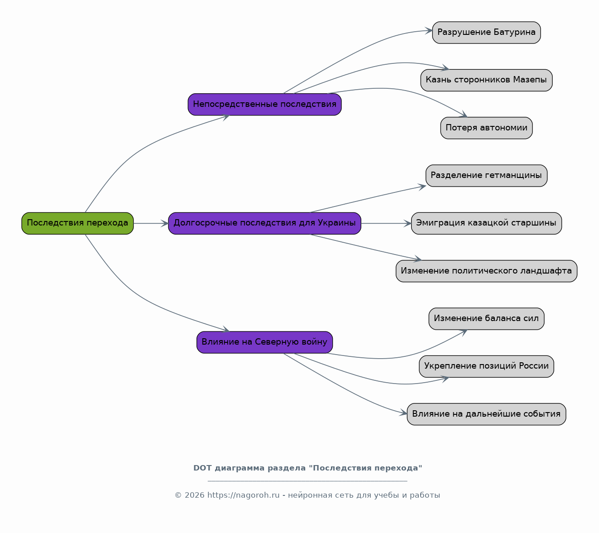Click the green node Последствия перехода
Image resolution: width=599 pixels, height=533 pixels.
tap(77, 223)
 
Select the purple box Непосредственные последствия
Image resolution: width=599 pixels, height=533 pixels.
tap(264, 105)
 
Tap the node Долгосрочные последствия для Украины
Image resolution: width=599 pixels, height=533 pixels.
tap(264, 223)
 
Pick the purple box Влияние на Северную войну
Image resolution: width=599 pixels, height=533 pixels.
tap(264, 342)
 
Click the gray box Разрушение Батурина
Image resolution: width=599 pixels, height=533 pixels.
tap(486, 33)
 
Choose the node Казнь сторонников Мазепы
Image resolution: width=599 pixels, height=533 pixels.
tap(486, 80)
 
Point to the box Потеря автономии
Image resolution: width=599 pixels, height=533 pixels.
tap(486, 128)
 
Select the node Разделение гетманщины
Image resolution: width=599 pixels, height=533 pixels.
tap(486, 176)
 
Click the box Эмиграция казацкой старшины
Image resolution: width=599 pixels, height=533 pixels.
tap(486, 223)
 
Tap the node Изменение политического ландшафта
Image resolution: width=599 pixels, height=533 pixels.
tap(486, 271)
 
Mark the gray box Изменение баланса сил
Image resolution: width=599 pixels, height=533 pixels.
tap(486, 318)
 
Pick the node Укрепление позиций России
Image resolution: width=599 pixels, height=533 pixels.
tap(486, 366)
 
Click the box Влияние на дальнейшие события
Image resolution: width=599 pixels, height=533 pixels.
tap(486, 414)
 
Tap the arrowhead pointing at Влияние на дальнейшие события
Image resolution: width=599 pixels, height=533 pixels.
tap(403, 413)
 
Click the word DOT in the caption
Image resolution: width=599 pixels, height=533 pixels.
tap(202, 468)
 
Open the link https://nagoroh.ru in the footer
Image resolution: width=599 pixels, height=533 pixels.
tap(243, 495)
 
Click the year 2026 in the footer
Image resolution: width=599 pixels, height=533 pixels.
tap(195, 495)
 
